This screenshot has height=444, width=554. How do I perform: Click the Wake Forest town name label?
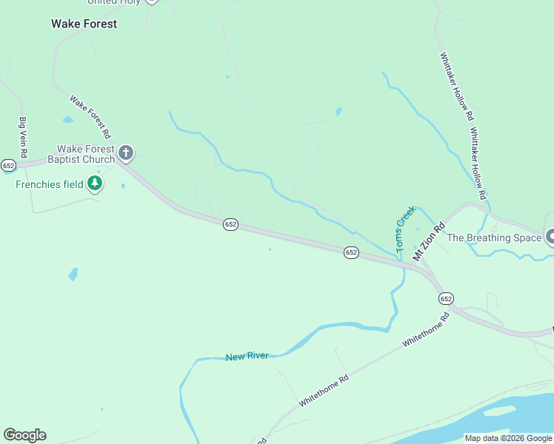[84, 24]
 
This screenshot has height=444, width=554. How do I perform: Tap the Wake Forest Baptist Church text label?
[81, 154]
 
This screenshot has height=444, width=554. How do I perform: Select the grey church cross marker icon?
[126, 153]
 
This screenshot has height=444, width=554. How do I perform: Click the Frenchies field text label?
[50, 184]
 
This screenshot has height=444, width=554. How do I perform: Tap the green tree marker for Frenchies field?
[94, 183]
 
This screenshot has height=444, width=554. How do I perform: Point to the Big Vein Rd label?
[23, 137]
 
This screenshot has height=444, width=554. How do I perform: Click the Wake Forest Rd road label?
[90, 116]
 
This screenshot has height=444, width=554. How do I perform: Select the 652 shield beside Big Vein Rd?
[8, 165]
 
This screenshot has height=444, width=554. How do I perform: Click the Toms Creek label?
[404, 229]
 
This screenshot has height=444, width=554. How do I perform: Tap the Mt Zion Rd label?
[429, 240]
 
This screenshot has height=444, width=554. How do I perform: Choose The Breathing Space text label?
[489, 238]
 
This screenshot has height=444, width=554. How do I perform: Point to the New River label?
[247, 357]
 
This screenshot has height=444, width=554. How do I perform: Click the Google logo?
[24, 435]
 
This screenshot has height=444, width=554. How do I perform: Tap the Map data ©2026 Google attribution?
[507, 438]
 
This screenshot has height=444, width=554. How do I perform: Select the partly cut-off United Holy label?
[115, 2]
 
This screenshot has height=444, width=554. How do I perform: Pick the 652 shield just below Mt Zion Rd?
[445, 298]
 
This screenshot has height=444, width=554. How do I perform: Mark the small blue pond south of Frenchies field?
[73, 275]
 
